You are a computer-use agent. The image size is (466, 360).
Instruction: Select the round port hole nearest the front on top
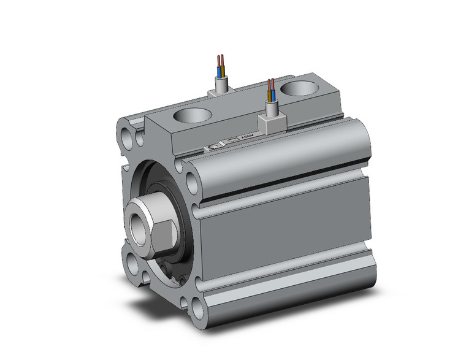coord(190,115)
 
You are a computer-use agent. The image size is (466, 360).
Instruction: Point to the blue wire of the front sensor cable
coord(269,95)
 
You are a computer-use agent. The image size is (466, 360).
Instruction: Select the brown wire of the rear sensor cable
coord(223,65)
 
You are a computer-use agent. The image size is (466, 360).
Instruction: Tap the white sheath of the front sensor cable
coord(270,109)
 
